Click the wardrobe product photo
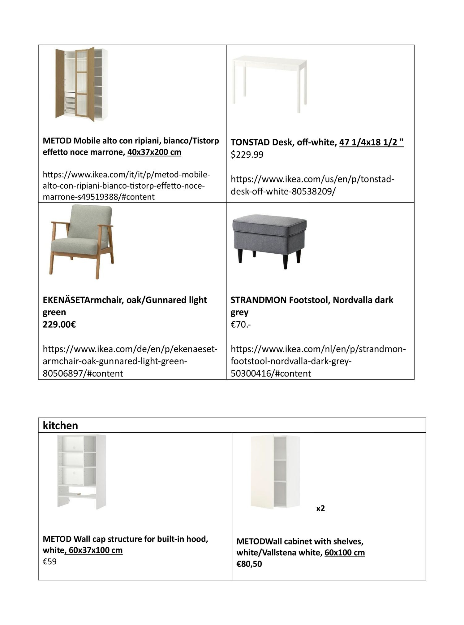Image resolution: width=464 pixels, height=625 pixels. pyautogui.click(x=82, y=84)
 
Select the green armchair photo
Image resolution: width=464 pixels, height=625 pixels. pyautogui.click(x=82, y=242)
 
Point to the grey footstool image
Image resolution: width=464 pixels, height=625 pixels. pyautogui.click(x=269, y=242)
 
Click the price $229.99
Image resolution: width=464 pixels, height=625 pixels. pyautogui.click(x=247, y=155)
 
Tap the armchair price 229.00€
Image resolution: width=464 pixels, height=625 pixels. pyautogui.click(x=59, y=324)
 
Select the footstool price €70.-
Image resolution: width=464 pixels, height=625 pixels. pyautogui.click(x=241, y=324)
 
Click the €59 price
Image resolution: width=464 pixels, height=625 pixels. pyautogui.click(x=49, y=562)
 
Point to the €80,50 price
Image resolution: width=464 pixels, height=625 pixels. pyautogui.click(x=249, y=564)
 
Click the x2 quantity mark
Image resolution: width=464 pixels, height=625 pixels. pyautogui.click(x=320, y=508)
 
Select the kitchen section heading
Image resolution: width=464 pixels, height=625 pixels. pyautogui.click(x=60, y=425)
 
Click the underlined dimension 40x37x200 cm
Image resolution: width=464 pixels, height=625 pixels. pyautogui.click(x=154, y=152)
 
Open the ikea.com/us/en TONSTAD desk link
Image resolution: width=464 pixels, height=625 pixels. pyautogui.click(x=312, y=185)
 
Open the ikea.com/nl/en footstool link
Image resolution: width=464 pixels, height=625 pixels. pyautogui.click(x=318, y=361)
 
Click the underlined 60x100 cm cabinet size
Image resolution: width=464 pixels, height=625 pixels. pyautogui.click(x=345, y=553)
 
